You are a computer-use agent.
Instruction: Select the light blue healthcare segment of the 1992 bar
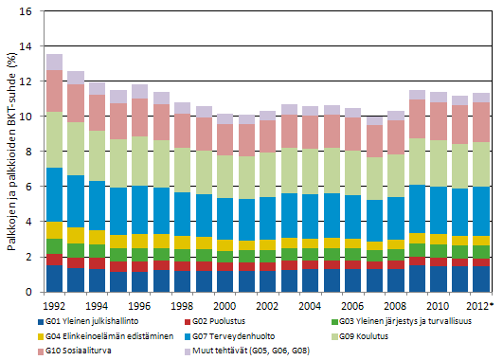(54, 195)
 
